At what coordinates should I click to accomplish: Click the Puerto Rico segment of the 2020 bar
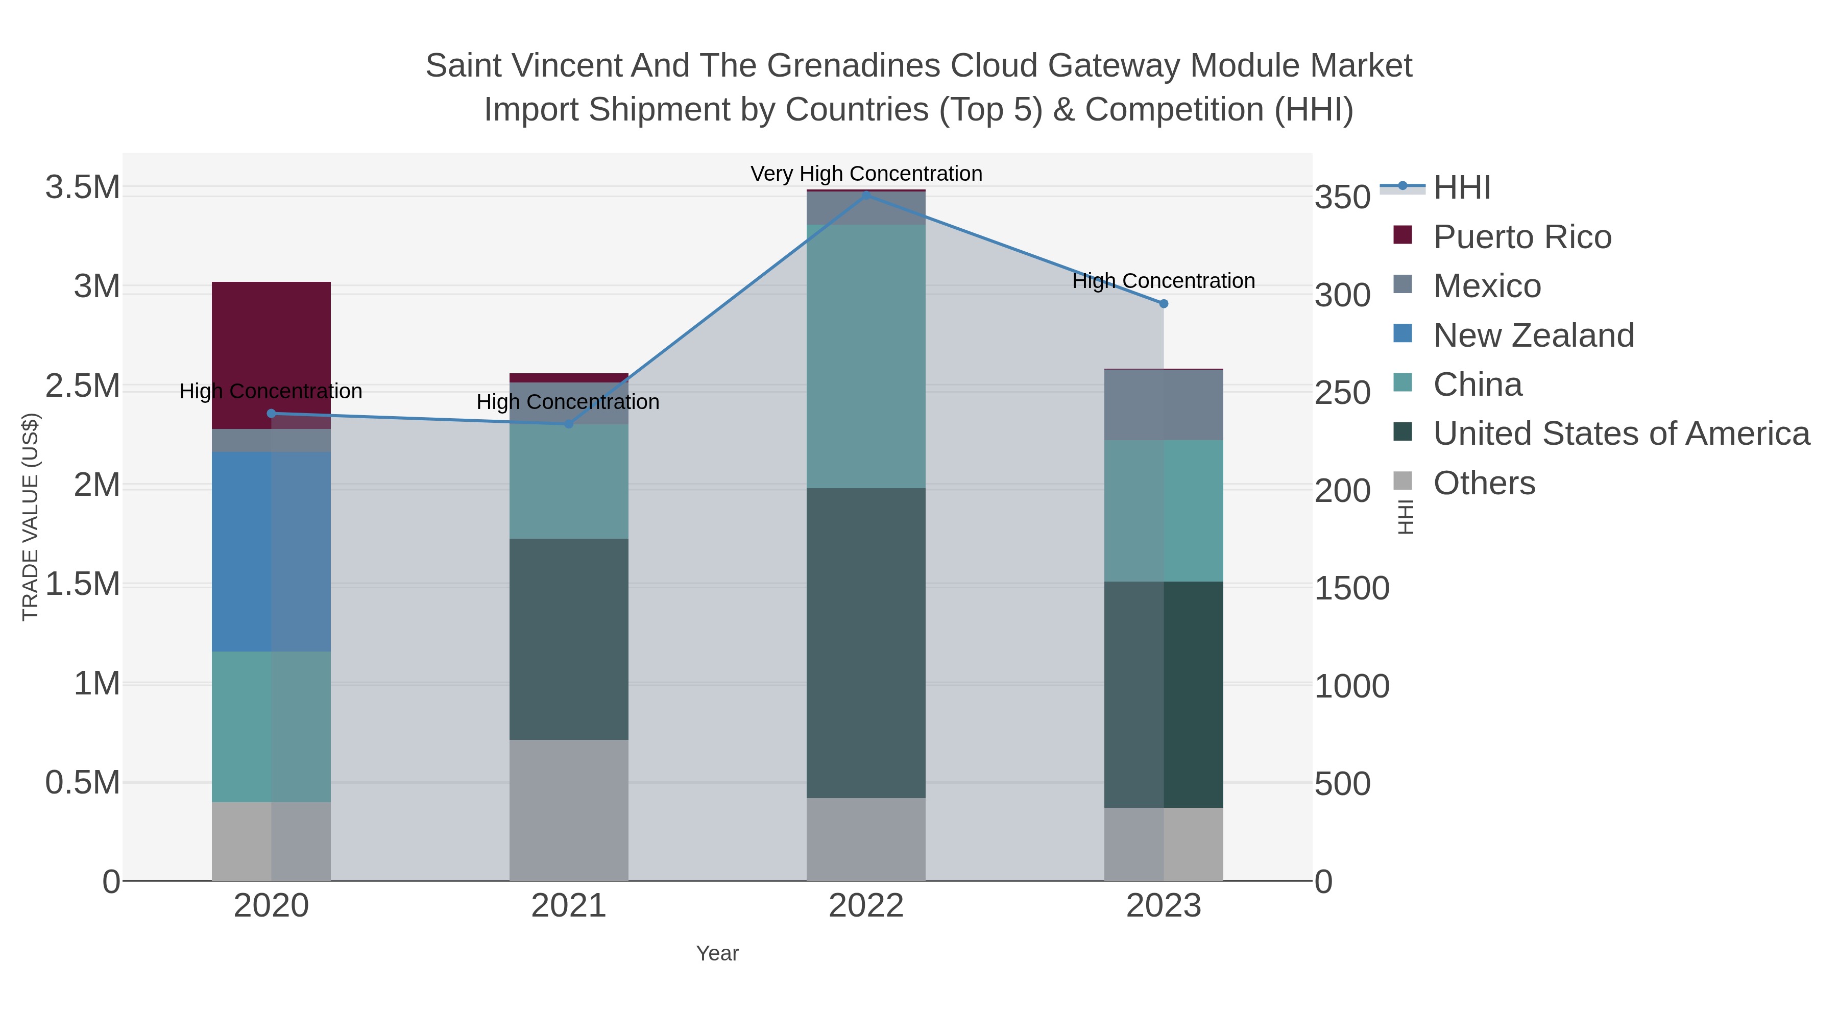[x=271, y=355]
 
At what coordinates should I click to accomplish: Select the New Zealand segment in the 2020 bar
[x=271, y=551]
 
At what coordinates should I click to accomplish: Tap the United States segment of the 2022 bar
[x=865, y=642]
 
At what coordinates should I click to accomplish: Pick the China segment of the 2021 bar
[x=569, y=481]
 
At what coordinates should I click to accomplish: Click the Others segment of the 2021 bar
[x=569, y=809]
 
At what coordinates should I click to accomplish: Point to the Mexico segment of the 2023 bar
[x=1163, y=404]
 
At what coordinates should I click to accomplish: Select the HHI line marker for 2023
[x=1163, y=304]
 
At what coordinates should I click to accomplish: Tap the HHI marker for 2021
[x=569, y=424]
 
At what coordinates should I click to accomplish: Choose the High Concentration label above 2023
[x=1163, y=281]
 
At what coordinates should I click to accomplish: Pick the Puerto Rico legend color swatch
[x=1402, y=235]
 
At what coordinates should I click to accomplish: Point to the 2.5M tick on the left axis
[x=82, y=386]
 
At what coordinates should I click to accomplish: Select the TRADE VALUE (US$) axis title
[x=30, y=517]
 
